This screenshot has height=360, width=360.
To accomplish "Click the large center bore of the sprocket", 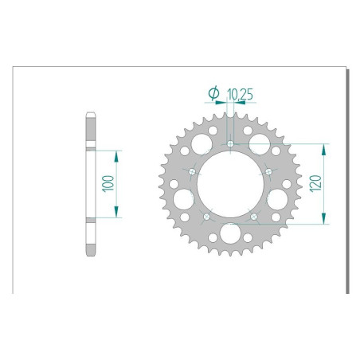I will (230, 184).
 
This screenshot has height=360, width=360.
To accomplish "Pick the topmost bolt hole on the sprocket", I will (230, 144).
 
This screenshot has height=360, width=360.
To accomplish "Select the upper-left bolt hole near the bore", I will (194, 171).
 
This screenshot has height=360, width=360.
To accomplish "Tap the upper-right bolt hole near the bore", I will (268, 171).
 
